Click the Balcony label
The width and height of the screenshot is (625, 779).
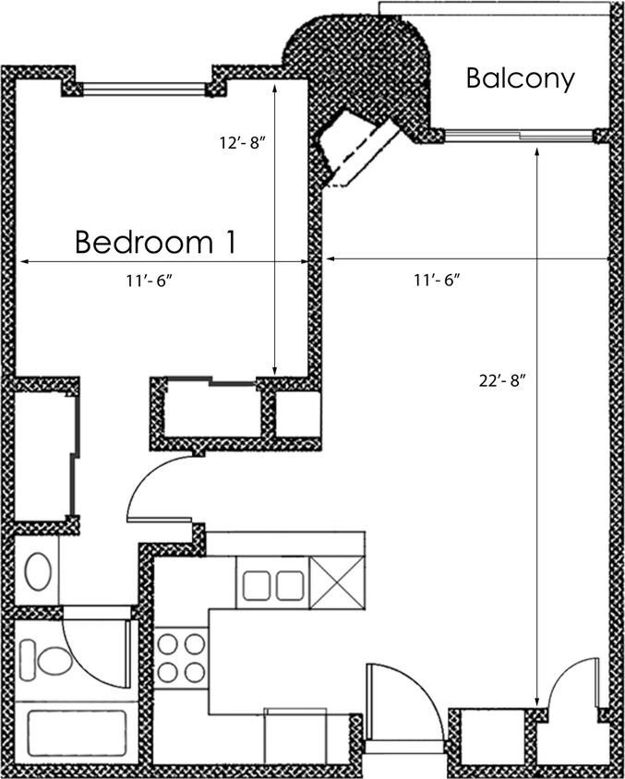pyautogui.click(x=520, y=78)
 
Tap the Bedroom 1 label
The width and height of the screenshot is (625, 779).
pyautogui.click(x=155, y=242)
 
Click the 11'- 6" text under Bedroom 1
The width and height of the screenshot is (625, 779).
pyautogui.click(x=150, y=281)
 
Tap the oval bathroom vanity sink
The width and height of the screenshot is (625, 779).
pyautogui.click(x=38, y=571)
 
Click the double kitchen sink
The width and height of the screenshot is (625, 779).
pyautogui.click(x=272, y=583)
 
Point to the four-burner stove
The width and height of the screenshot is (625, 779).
pyautogui.click(x=181, y=657)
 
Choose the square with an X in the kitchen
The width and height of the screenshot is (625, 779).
pyautogui.click(x=337, y=583)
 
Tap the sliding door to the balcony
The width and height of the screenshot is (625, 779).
pyautogui.click(x=517, y=136)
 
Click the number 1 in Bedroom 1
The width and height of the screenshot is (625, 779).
pyautogui.click(x=226, y=242)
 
